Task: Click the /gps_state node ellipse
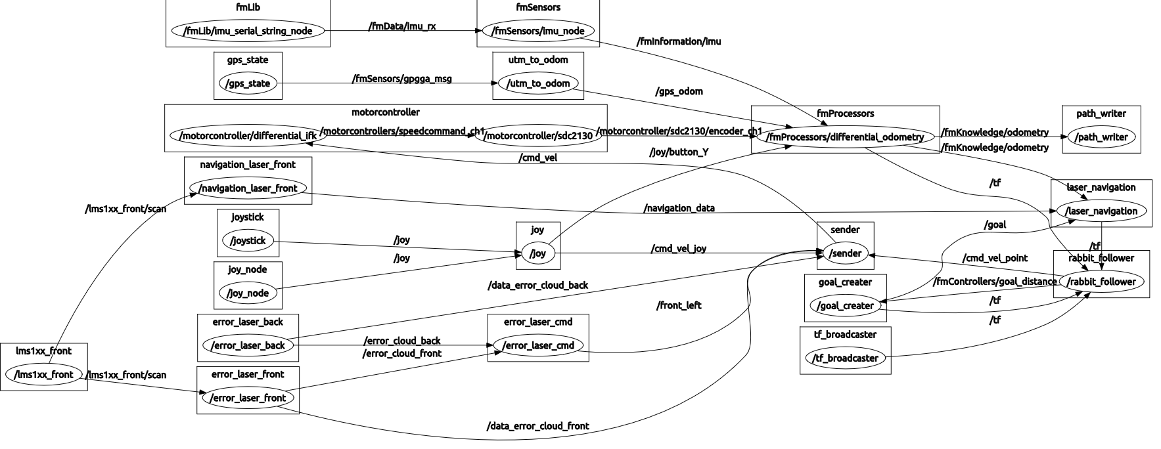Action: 248,83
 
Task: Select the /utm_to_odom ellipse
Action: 538,83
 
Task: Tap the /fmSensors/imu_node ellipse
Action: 537,31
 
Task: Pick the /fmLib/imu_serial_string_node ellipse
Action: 248,31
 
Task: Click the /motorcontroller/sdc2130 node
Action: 538,136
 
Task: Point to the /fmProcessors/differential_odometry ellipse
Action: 846,137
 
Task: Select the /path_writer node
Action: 1101,137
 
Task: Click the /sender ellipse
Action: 845,253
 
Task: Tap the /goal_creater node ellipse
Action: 845,306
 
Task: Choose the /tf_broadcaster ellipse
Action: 845,358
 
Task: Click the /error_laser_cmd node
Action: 538,345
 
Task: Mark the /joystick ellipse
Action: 248,241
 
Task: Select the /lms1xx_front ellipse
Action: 44,375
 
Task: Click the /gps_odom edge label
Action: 679,91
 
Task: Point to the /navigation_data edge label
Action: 679,208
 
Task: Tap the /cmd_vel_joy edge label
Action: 678,249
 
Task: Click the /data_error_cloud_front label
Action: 537,426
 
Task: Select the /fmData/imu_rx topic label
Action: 403,26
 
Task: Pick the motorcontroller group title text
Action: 385,112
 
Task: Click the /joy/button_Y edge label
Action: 678,152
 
